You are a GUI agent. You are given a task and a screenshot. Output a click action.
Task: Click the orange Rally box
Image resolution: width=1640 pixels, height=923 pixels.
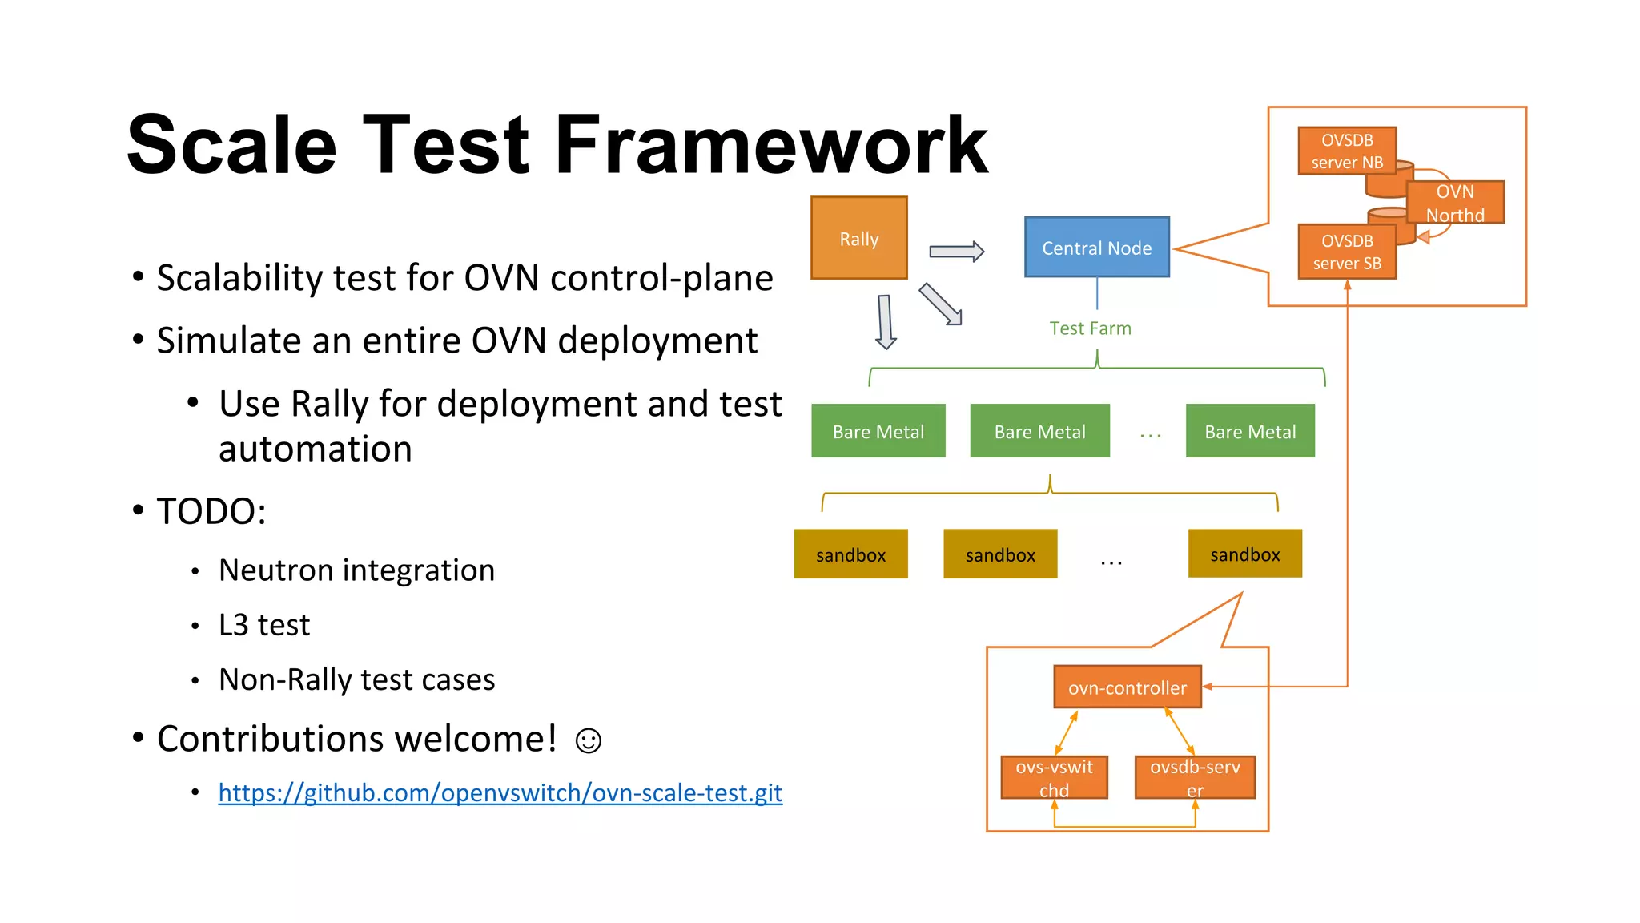pyautogui.click(x=858, y=238)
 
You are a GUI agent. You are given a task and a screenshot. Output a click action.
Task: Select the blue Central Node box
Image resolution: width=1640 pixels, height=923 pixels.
pyautogui.click(x=1096, y=248)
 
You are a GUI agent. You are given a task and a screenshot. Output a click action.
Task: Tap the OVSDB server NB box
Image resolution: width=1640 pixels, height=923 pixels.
pyautogui.click(x=1346, y=151)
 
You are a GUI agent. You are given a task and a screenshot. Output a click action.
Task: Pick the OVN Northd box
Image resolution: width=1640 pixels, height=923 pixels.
pyautogui.click(x=1455, y=203)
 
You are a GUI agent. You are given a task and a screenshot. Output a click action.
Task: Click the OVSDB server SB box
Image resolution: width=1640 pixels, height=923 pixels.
pyautogui.click(x=1346, y=252)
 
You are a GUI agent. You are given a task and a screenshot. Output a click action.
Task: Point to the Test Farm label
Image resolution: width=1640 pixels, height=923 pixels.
pyautogui.click(x=1090, y=328)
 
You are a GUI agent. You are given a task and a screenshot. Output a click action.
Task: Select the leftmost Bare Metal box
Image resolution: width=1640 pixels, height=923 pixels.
pyautogui.click(x=878, y=431)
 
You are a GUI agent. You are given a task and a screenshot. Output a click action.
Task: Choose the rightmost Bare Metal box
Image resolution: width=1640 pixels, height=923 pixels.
pyautogui.click(x=1249, y=431)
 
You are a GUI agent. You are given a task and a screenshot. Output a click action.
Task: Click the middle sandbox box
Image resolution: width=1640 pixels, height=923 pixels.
pyautogui.click(x=999, y=554)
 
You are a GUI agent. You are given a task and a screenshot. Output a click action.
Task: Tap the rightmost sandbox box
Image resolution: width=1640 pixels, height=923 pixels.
pyautogui.click(x=1244, y=554)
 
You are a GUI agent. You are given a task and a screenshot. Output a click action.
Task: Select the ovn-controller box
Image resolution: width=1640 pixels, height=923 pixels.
pyautogui.click(x=1127, y=687)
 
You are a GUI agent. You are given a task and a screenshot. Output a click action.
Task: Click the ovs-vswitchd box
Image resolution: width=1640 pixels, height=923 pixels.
pyautogui.click(x=1054, y=777)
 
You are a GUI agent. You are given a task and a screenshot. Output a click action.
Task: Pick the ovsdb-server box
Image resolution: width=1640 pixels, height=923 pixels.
pyautogui.click(x=1194, y=777)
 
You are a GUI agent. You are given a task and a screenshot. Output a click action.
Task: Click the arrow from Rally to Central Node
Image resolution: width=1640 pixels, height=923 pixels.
pyautogui.click(x=956, y=252)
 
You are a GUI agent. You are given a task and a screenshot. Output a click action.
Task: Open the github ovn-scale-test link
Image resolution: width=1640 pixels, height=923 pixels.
pyautogui.click(x=500, y=792)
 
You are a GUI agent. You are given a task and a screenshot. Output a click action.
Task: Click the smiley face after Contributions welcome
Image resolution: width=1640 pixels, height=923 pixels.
pyautogui.click(x=588, y=740)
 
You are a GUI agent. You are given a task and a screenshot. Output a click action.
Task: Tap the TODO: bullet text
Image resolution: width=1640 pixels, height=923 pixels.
pyautogui.click(x=211, y=511)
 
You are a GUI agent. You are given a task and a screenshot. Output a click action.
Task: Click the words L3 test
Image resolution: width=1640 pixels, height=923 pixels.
pyautogui.click(x=263, y=625)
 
